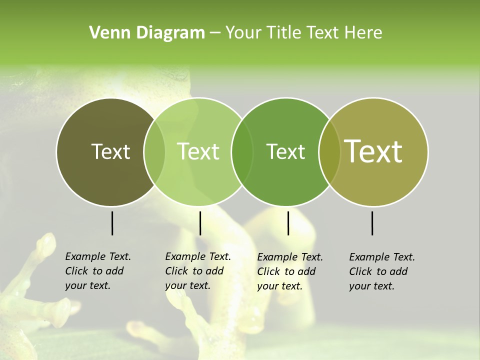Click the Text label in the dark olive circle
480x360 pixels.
point(110,151)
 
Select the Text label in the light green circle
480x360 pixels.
point(198,151)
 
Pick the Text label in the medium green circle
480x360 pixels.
point(285,151)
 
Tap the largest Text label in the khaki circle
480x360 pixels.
point(373,151)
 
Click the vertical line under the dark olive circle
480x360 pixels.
point(112,223)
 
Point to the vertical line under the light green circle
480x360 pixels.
point(200,223)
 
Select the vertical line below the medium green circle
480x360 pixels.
point(288,223)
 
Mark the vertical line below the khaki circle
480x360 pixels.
point(372,223)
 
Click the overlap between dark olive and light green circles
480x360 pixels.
point(154,151)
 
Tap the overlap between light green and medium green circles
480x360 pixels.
point(242,151)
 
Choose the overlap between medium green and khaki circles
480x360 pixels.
point(329,151)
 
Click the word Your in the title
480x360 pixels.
point(244,33)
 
